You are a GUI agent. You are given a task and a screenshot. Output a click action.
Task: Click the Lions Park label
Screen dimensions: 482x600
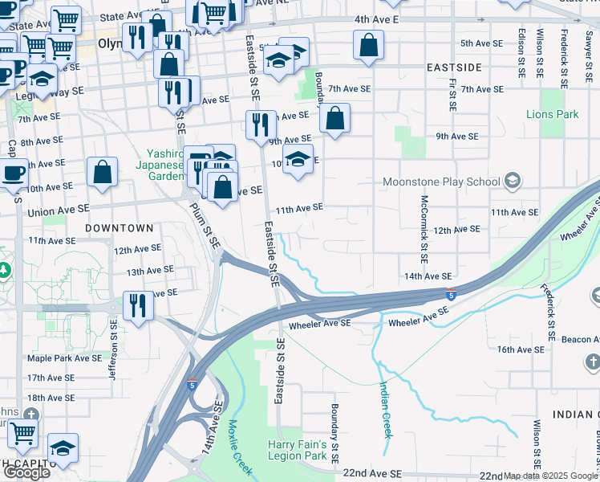click(552, 114)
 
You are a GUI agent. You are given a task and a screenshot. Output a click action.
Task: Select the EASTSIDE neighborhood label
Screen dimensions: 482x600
click(454, 67)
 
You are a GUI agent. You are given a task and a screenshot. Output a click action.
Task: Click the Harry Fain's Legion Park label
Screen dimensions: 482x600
click(297, 450)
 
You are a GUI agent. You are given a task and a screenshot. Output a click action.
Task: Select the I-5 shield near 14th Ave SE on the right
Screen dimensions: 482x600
click(452, 294)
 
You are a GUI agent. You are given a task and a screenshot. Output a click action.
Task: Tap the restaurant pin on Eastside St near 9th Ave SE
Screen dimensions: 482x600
click(260, 125)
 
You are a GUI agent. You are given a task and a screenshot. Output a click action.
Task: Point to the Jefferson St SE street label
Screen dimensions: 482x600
click(113, 349)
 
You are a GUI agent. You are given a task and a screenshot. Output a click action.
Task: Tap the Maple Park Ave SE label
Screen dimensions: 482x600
click(64, 357)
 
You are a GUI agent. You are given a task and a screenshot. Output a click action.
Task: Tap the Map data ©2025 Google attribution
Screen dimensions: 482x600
click(550, 476)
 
